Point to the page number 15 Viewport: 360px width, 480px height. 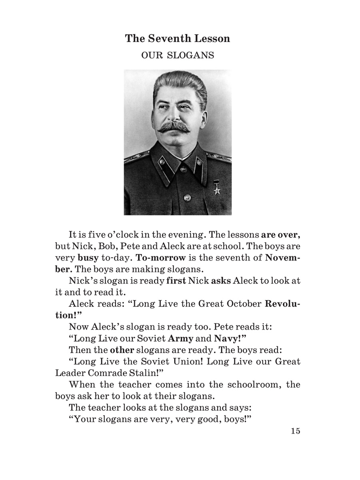295,431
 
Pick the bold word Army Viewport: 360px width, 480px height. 180,338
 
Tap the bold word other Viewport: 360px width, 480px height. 122,350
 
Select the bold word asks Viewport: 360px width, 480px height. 220,280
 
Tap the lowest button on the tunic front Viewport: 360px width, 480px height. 187,197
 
